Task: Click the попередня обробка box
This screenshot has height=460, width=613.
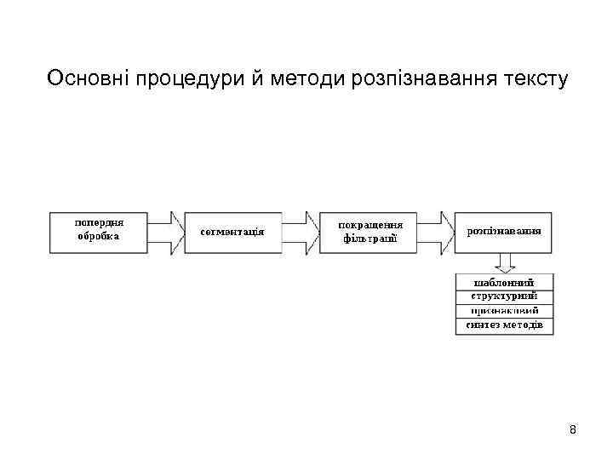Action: pyautogui.click(x=99, y=230)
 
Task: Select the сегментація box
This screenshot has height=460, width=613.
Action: pyautogui.click(x=232, y=231)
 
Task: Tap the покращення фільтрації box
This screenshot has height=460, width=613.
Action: pyautogui.click(x=370, y=231)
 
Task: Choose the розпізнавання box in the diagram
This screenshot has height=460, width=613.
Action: pyautogui.click(x=504, y=231)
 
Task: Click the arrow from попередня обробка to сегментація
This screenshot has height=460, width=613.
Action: pyautogui.click(x=166, y=231)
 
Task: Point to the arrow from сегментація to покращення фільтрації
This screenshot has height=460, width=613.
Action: pyautogui.click(x=300, y=231)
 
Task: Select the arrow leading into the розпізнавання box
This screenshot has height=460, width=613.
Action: pyautogui.click(x=437, y=231)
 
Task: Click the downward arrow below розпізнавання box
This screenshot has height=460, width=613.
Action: pyautogui.click(x=504, y=262)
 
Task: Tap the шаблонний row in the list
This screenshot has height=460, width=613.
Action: pyautogui.click(x=504, y=282)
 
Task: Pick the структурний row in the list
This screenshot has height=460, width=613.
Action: pyautogui.click(x=504, y=296)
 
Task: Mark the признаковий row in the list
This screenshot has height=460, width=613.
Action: pyautogui.click(x=504, y=311)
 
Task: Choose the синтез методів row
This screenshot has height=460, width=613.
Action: pyautogui.click(x=504, y=325)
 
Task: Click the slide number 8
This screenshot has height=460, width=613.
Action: pyautogui.click(x=573, y=429)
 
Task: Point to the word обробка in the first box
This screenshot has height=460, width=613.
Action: pyautogui.click(x=99, y=237)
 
